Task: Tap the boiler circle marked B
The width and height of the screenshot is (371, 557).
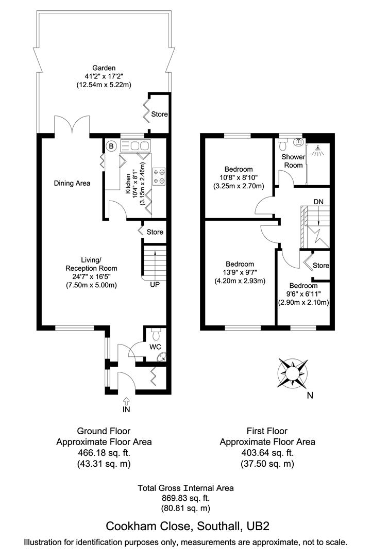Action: click(111, 146)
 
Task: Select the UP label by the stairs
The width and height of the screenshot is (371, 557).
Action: click(155, 284)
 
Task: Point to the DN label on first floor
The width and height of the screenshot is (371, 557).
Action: click(318, 202)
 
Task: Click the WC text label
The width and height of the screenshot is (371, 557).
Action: click(155, 347)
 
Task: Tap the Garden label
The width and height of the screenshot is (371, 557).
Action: click(104, 68)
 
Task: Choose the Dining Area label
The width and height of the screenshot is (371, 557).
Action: click(73, 183)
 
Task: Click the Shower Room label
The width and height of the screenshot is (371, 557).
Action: click(293, 161)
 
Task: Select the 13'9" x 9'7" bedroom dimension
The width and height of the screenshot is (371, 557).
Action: click(240, 273)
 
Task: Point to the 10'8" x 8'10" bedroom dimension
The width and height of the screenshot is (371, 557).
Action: click(239, 177)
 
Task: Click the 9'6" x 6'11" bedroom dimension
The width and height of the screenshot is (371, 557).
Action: click(303, 294)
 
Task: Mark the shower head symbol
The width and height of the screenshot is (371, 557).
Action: click(319, 149)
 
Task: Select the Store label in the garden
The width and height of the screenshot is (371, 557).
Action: click(159, 114)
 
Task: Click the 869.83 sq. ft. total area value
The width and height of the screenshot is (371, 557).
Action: click(185, 498)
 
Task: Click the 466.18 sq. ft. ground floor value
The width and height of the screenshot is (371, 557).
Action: click(104, 453)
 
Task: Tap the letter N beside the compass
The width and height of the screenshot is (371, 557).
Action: click(309, 396)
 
